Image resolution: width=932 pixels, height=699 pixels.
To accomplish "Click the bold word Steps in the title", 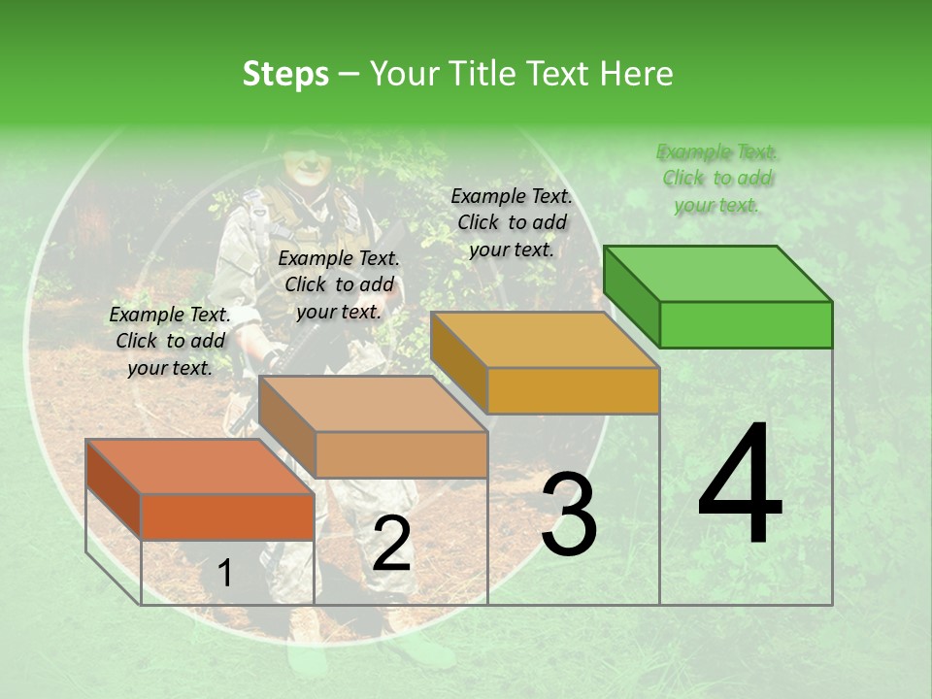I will click(285, 74).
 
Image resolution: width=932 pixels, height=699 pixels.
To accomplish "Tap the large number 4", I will click(740, 485).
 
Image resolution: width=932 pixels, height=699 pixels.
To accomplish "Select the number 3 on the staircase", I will click(568, 516).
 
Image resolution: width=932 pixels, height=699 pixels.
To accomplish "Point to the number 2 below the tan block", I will click(391, 545).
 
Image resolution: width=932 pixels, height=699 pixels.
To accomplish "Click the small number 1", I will click(225, 573).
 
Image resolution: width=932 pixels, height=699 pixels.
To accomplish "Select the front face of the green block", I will click(746, 324).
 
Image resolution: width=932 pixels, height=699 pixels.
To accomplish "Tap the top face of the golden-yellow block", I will click(545, 340).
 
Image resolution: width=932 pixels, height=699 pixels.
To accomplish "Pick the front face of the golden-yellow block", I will click(573, 390).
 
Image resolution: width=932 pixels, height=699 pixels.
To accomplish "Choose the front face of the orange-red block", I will click(227, 516).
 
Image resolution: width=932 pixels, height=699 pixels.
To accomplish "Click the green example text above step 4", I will click(716, 178).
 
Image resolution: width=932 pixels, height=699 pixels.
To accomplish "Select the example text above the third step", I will click(512, 222).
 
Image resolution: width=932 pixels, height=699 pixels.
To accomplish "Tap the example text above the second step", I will click(339, 284).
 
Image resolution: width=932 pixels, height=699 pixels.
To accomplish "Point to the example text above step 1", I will click(170, 341).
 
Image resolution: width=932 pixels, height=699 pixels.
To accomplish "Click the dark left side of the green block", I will click(631, 296).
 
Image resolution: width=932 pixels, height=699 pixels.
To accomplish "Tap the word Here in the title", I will click(638, 74).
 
